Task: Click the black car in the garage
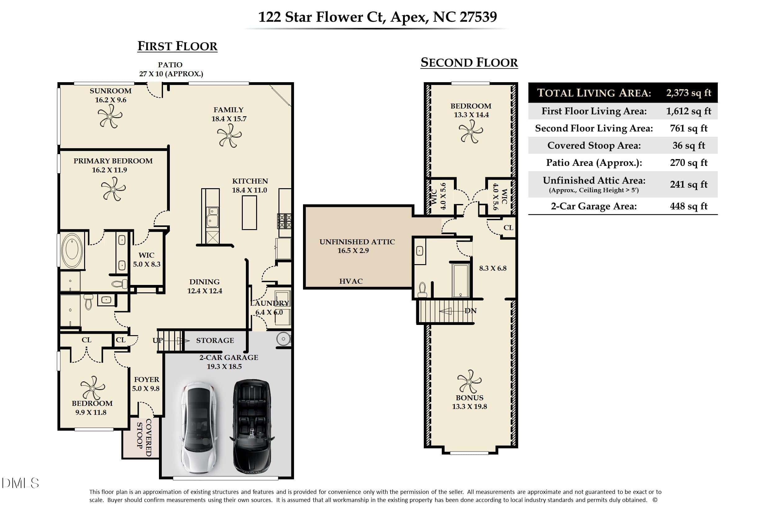(x=252, y=427)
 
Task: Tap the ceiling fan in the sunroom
(x=110, y=117)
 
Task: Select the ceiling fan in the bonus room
(x=469, y=382)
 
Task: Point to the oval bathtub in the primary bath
(x=72, y=251)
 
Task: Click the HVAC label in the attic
(x=351, y=281)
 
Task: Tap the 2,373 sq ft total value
(x=689, y=93)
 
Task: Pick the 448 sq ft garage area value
(x=689, y=206)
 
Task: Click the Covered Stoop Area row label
(x=594, y=145)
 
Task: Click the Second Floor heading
(x=469, y=62)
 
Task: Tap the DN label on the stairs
(x=470, y=310)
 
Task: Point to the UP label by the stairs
(x=158, y=340)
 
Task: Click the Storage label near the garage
(x=215, y=340)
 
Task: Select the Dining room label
(x=205, y=282)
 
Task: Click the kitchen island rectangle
(x=250, y=212)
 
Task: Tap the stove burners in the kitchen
(x=285, y=221)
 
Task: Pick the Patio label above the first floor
(x=170, y=64)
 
